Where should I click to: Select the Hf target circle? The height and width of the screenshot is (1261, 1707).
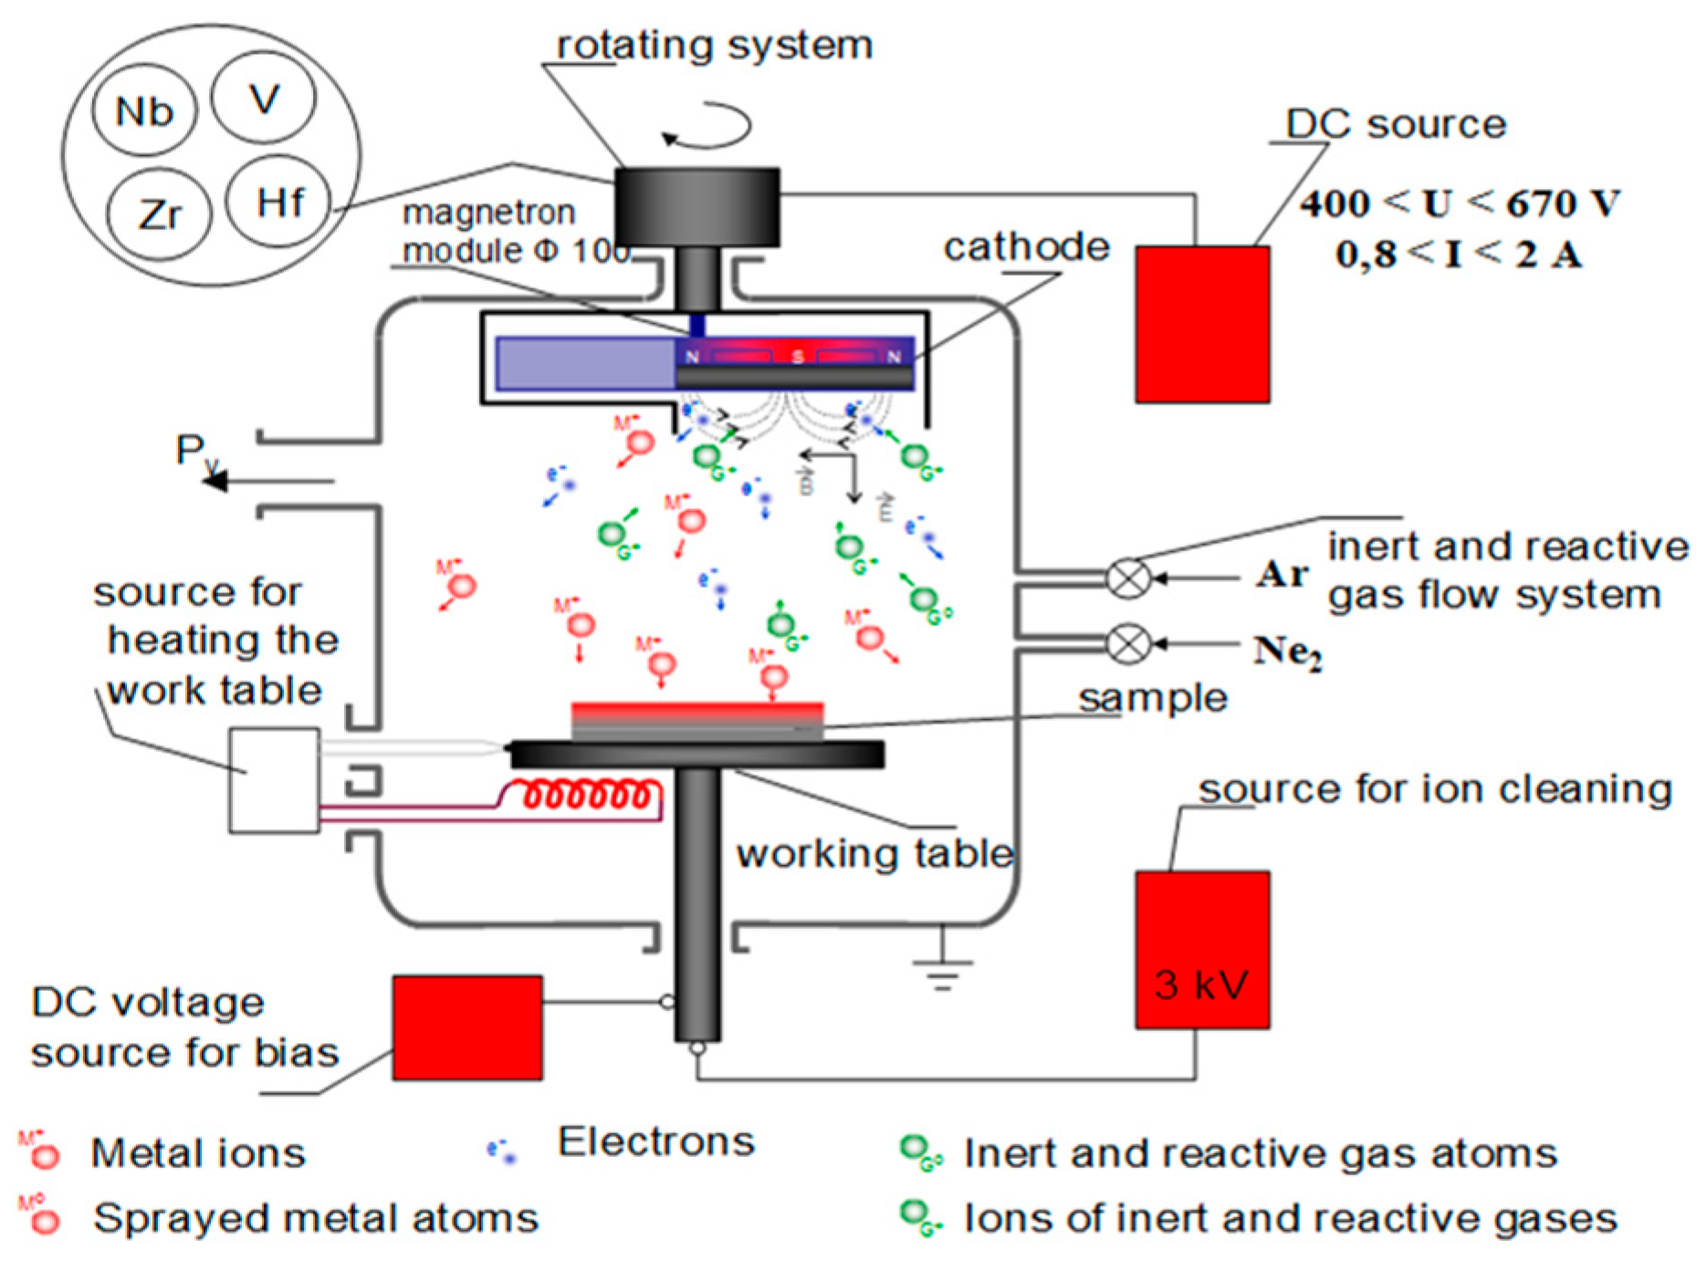pyautogui.click(x=278, y=202)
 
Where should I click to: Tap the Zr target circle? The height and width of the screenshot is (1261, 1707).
pyautogui.click(x=159, y=215)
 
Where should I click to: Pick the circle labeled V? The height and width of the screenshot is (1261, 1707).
pyautogui.click(x=264, y=98)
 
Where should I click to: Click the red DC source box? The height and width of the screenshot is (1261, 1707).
pyautogui.click(x=1202, y=324)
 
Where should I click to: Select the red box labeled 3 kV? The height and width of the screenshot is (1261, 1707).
pyautogui.click(x=1202, y=950)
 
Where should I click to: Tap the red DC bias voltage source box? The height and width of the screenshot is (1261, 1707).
pyautogui.click(x=467, y=1028)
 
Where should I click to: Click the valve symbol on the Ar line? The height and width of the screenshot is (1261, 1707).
pyautogui.click(x=1128, y=578)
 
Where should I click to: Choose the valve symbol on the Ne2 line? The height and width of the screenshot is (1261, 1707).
pyautogui.click(x=1128, y=644)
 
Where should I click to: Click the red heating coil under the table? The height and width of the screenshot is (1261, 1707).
pyautogui.click(x=589, y=795)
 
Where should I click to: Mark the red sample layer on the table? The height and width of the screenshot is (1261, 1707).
pyautogui.click(x=697, y=710)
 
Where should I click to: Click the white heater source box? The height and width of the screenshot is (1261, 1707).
pyautogui.click(x=274, y=780)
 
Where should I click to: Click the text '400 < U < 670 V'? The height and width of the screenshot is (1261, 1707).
pyautogui.click(x=1459, y=203)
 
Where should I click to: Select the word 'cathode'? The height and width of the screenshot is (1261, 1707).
pyautogui.click(x=1026, y=246)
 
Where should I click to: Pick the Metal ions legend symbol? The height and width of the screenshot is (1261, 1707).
pyautogui.click(x=41, y=1152)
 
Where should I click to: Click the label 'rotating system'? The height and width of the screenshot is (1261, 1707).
pyautogui.click(x=714, y=45)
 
